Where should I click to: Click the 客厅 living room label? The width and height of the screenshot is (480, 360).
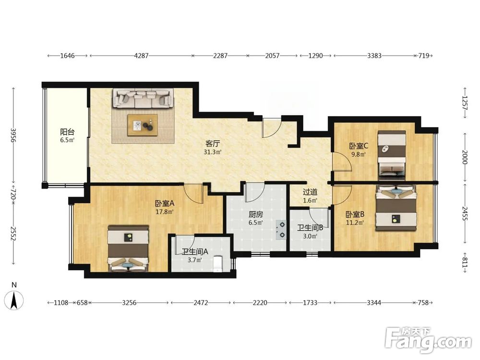pyautogui.click(x=213, y=143)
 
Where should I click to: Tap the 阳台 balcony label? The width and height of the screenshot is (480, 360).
pyautogui.click(x=67, y=132)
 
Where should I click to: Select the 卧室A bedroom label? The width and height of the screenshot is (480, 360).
pyautogui.click(x=164, y=203)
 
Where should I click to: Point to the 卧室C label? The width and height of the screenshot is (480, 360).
pyautogui.click(x=359, y=146)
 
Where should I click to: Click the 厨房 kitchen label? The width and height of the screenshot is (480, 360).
pyautogui.click(x=256, y=215)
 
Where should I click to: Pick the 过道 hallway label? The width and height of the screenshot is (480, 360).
pyautogui.click(x=310, y=192)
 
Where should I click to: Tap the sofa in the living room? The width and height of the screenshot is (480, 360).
pyautogui.click(x=143, y=98)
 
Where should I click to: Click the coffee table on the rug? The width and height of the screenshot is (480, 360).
pyautogui.click(x=143, y=125)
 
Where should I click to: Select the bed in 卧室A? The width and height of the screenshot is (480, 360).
pyautogui.click(x=128, y=249)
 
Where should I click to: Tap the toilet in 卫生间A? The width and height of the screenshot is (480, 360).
pyautogui.click(x=217, y=264)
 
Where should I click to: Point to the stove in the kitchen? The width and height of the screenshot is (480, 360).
pyautogui.click(x=281, y=229)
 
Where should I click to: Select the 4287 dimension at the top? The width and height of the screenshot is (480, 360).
pyautogui.click(x=142, y=56)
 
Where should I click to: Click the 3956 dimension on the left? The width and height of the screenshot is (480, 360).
pyautogui.click(x=13, y=135)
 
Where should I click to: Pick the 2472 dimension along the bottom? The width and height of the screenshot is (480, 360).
pyautogui.click(x=201, y=303)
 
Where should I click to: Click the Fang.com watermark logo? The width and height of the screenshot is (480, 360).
pyautogui.click(x=429, y=339)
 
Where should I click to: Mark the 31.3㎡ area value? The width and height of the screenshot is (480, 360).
pyautogui.click(x=213, y=152)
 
